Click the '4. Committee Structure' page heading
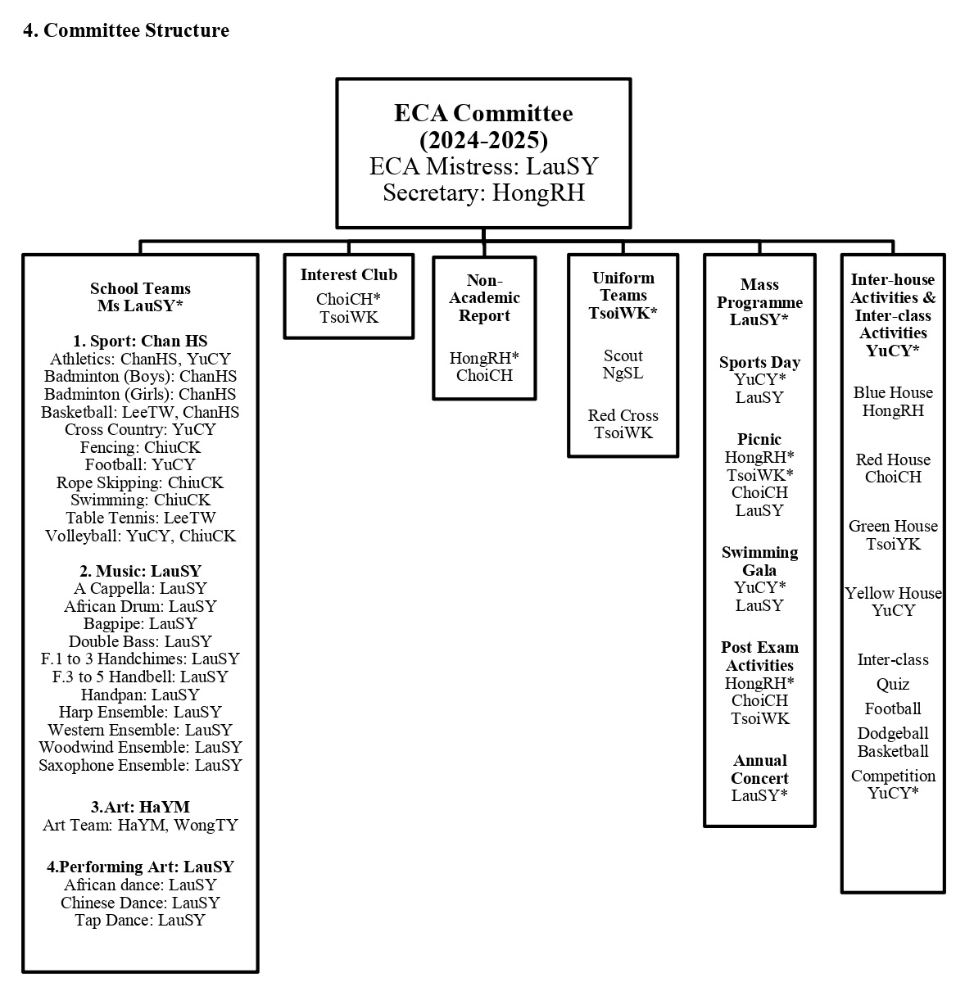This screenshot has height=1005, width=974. [x=126, y=30]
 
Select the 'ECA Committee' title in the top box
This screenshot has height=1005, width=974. [x=483, y=113]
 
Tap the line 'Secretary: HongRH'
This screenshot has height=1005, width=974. [x=483, y=192]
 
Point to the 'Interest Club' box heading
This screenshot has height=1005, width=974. [x=349, y=274]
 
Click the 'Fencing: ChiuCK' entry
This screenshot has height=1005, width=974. [x=140, y=446]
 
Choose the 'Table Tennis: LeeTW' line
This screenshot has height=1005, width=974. [x=140, y=518]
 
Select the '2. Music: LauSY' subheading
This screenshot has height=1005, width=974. [x=140, y=571]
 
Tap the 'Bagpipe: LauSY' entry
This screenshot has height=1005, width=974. [x=140, y=623]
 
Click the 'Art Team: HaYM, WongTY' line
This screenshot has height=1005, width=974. [x=140, y=825]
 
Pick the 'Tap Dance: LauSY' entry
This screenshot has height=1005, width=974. [x=140, y=920]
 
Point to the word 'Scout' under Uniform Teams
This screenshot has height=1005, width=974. [x=623, y=355]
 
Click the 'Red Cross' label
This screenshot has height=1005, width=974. [x=623, y=415]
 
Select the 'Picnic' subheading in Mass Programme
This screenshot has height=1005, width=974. [x=759, y=439]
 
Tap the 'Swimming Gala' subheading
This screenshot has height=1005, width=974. [x=759, y=561]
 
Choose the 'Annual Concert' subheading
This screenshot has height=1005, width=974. [x=759, y=769]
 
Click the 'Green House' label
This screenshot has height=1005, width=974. [x=893, y=526]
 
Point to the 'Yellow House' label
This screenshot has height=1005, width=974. [x=893, y=593]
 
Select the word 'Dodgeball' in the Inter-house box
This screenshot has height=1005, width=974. [x=893, y=733]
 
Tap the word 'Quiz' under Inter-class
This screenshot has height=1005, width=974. [x=893, y=684]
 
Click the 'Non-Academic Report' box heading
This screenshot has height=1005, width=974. [x=484, y=297]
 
